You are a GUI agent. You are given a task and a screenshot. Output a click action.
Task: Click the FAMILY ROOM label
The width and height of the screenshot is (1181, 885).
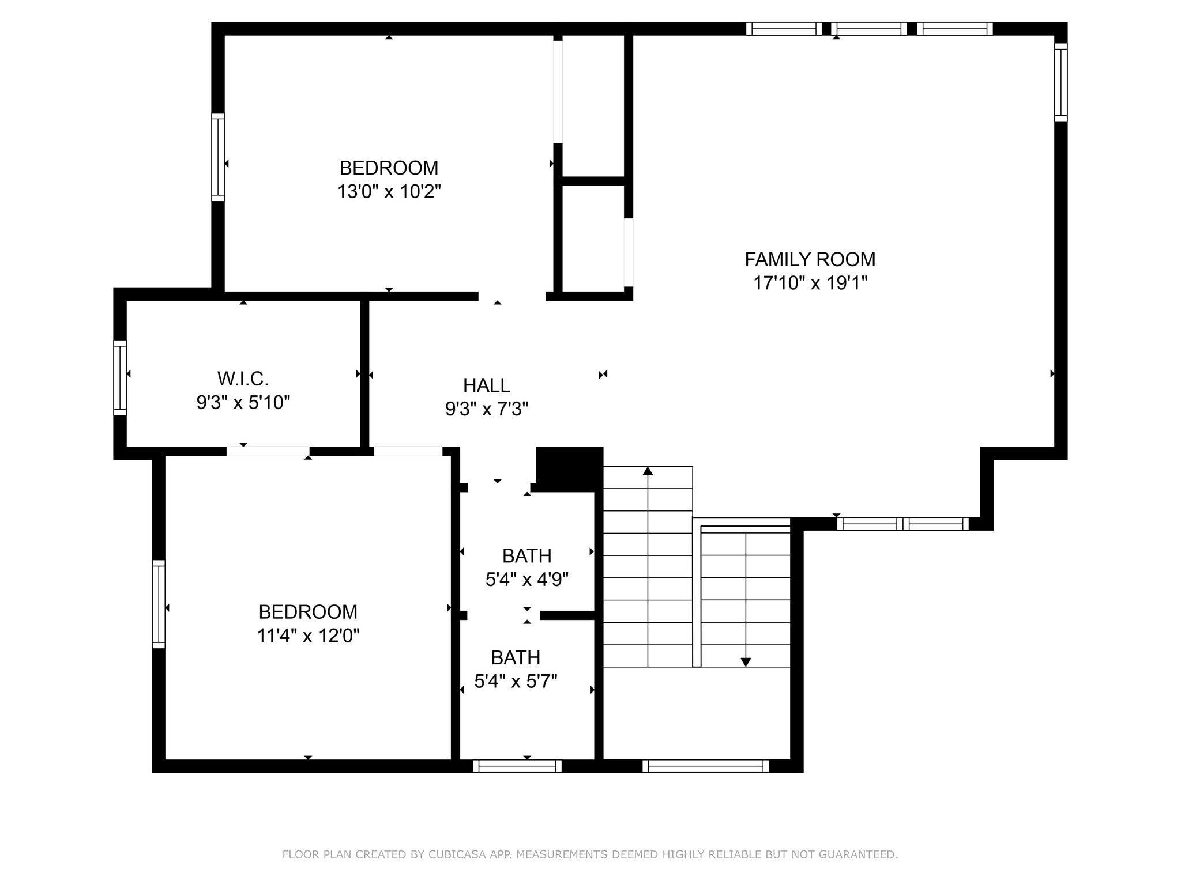[x=810, y=260]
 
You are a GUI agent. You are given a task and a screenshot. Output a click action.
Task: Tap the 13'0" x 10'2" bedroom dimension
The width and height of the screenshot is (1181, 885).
[x=389, y=191]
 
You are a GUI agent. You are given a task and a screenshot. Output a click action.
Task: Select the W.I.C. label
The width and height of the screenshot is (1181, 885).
[x=243, y=379]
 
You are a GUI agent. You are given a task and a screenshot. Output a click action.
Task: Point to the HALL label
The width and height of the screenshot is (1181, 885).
[x=486, y=385]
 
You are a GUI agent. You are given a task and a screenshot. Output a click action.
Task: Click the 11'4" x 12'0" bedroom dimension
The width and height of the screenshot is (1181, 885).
[x=308, y=636]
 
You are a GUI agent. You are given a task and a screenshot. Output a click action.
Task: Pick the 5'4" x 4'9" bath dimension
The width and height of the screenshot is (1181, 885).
[x=526, y=579]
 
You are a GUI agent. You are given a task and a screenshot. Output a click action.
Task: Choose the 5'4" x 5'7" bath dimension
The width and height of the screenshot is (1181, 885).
[x=516, y=682]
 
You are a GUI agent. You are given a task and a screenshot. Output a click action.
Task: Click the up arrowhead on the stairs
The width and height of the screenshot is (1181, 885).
[x=648, y=471]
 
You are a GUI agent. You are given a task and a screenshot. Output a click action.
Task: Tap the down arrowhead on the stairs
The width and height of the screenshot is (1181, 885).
[x=745, y=662]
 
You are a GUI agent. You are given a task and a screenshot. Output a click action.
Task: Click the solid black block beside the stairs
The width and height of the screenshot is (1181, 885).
[x=569, y=468]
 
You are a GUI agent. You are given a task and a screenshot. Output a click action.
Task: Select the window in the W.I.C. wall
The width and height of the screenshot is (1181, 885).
[x=120, y=377]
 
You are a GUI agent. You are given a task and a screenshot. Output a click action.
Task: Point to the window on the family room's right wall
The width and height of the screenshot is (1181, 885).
[x=1060, y=82]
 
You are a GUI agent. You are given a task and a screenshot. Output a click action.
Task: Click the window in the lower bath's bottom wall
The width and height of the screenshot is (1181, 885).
[x=517, y=766]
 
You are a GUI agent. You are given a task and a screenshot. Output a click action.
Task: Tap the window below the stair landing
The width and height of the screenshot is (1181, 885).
[x=705, y=766]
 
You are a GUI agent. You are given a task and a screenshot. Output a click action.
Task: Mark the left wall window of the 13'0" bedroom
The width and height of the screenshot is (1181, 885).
[x=218, y=157]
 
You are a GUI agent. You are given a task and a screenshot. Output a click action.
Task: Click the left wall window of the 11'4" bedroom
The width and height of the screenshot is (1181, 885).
[x=159, y=604]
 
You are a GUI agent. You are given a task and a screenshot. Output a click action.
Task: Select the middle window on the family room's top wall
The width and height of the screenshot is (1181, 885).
[x=869, y=29]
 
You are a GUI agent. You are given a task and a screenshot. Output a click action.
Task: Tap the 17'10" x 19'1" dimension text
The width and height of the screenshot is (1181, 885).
[x=810, y=283]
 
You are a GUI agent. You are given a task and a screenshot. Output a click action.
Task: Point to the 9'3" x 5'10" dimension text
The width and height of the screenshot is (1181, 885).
[x=243, y=402]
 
